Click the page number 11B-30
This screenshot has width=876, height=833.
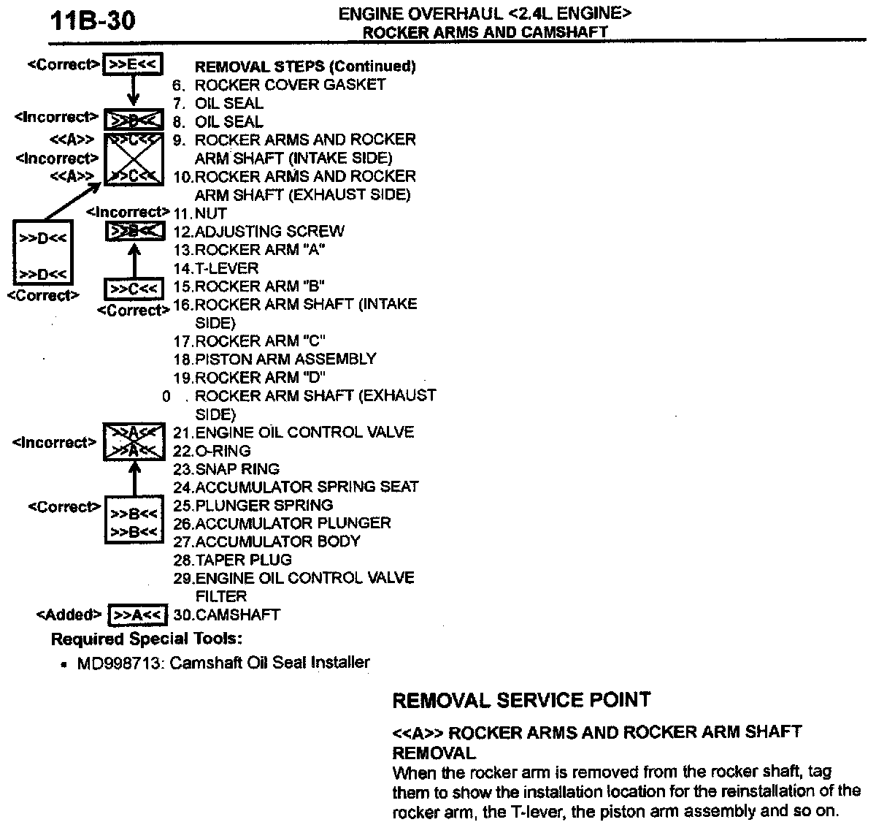tap(93, 21)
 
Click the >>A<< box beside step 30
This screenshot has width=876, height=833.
tap(137, 615)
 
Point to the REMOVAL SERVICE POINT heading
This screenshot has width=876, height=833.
tap(521, 700)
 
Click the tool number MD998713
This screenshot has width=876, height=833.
tap(120, 663)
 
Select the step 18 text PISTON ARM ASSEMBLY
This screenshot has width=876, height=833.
tap(285, 360)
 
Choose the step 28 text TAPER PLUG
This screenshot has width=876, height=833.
tap(243, 560)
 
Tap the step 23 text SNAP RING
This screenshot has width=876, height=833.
tap(237, 469)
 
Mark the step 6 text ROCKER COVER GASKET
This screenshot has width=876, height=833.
tap(290, 85)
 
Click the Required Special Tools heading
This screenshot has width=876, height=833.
tap(146, 639)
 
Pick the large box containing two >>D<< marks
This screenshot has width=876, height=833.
tap(43, 253)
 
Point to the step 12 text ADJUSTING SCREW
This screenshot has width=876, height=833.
tap(269, 232)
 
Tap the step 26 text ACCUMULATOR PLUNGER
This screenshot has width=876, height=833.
tap(293, 524)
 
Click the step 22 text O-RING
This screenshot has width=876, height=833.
tap(223, 451)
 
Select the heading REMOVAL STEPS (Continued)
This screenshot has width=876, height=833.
tap(305, 66)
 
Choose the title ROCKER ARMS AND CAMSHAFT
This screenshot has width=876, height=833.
tap(485, 32)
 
